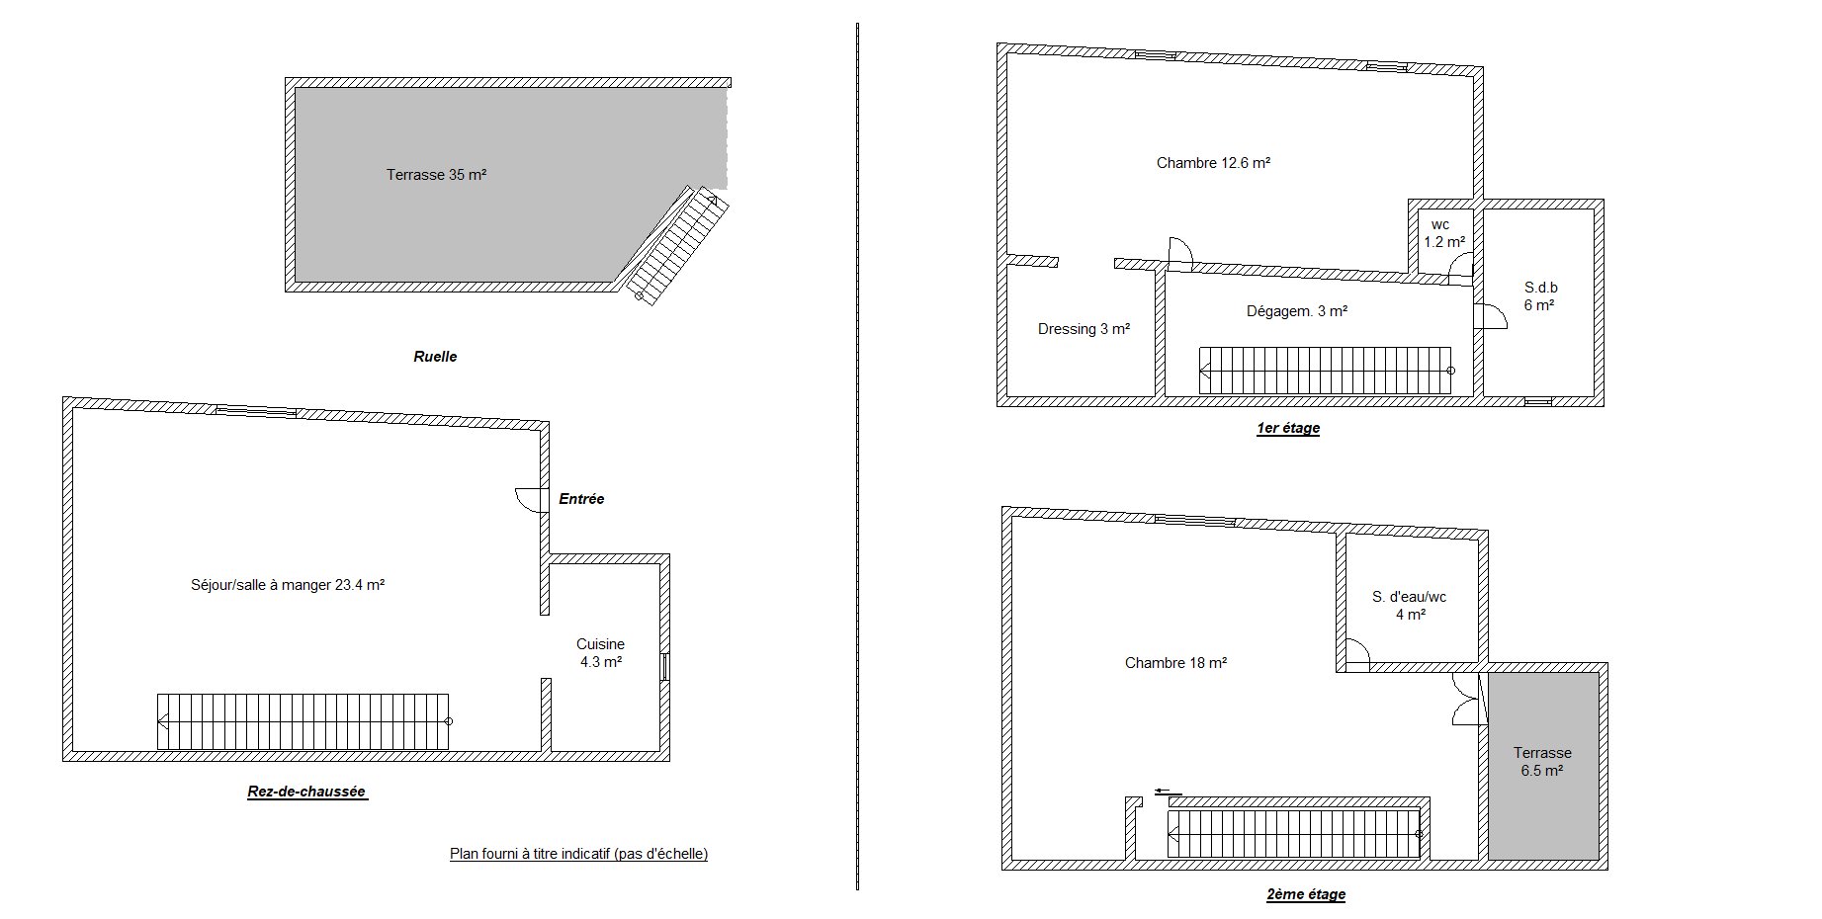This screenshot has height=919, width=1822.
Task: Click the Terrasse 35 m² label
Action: (x=436, y=175)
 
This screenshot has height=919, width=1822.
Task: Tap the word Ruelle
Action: (x=435, y=357)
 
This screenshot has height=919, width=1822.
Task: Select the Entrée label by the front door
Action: (x=581, y=499)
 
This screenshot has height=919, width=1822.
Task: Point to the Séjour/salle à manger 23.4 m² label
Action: (x=288, y=585)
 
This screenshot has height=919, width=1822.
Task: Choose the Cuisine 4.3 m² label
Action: (x=601, y=653)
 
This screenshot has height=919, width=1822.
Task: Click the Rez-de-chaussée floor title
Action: (x=307, y=792)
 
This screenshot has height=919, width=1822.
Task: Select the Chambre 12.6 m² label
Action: (x=1213, y=163)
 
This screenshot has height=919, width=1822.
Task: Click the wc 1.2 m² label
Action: (x=1443, y=233)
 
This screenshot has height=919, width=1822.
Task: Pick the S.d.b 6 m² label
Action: (x=1540, y=296)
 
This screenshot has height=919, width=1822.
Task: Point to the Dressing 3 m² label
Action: (x=1084, y=329)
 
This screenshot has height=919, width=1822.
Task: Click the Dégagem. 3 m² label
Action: (x=1297, y=311)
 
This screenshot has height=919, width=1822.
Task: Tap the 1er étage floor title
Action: (x=1288, y=428)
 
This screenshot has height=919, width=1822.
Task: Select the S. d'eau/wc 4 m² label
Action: (x=1410, y=606)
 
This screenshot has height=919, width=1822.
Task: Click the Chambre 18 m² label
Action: (x=1175, y=663)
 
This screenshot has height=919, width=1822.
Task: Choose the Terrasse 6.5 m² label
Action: (x=1542, y=762)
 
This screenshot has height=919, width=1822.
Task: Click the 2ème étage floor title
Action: (x=1306, y=894)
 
